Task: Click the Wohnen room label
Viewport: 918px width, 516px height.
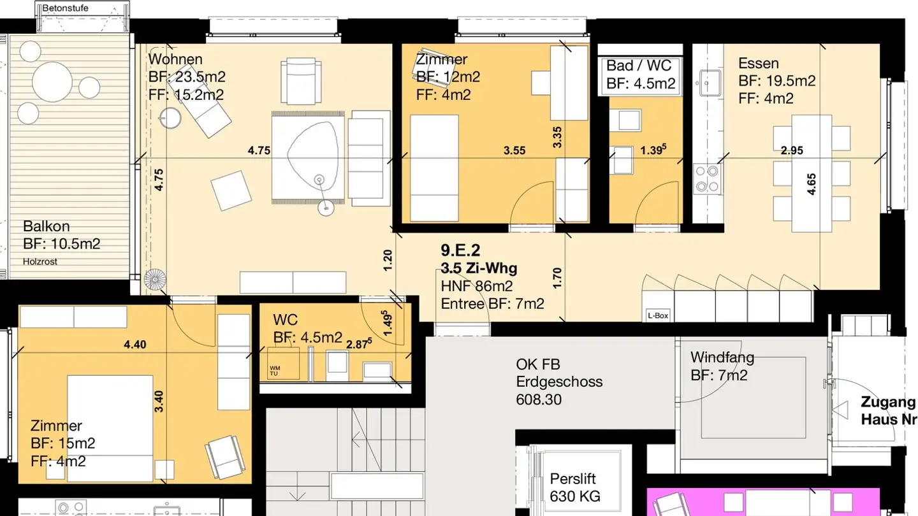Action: click(x=175, y=59)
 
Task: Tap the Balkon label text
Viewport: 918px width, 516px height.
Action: click(x=47, y=226)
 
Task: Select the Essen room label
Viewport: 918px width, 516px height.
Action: click(x=759, y=64)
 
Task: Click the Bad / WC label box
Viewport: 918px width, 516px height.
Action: click(x=640, y=75)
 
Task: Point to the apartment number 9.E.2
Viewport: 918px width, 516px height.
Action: click(x=460, y=250)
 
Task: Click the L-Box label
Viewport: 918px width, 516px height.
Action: click(x=658, y=315)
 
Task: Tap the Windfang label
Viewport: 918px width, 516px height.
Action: click(x=722, y=357)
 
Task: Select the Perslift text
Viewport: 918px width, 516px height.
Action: click(x=572, y=479)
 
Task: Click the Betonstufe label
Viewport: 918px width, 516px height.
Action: click(x=65, y=8)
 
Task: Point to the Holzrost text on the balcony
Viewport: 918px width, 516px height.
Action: click(x=40, y=261)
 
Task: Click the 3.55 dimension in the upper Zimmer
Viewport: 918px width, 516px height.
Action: click(x=514, y=150)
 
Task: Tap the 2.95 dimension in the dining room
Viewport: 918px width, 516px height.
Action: click(x=792, y=150)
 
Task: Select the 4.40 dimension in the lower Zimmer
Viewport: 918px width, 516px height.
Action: click(x=135, y=345)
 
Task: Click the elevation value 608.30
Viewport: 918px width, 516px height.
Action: click(x=539, y=399)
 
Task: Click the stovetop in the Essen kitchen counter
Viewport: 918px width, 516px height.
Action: click(x=708, y=178)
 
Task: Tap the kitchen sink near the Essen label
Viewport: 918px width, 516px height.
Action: click(x=710, y=83)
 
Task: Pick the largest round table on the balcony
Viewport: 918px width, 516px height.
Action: click(x=52, y=82)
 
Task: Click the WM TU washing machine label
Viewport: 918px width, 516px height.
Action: click(x=274, y=371)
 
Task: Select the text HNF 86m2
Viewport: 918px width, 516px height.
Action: click(x=476, y=286)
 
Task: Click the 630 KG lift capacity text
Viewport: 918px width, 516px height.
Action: click(x=575, y=496)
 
